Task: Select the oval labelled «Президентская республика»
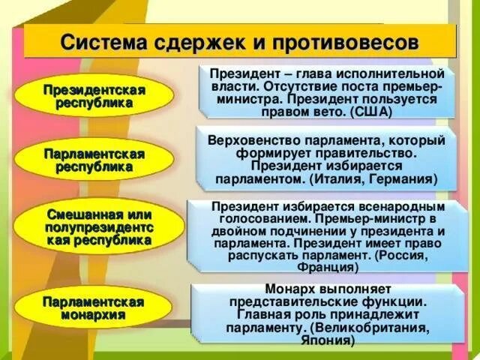94,96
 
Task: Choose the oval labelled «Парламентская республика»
94,160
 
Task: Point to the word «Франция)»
327,267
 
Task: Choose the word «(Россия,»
403,256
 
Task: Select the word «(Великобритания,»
372,328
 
